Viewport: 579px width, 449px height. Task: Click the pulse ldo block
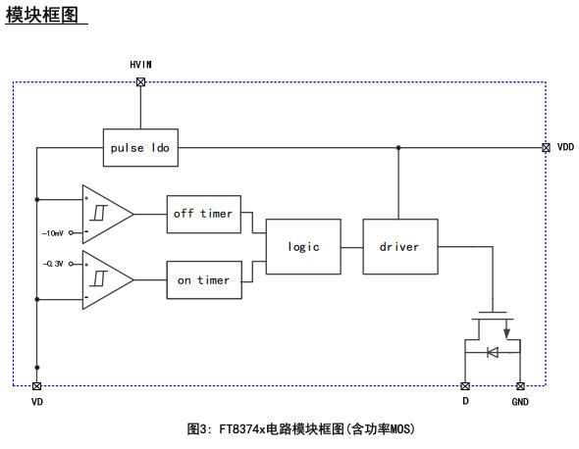click(140, 148)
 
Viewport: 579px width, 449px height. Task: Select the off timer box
click(203, 214)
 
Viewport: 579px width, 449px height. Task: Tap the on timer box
click(203, 279)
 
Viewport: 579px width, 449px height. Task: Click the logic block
click(303, 246)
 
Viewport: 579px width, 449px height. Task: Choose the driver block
click(398, 246)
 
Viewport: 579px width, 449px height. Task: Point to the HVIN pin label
click(140, 64)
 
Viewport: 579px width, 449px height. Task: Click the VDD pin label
click(564, 147)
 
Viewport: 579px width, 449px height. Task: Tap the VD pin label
click(37, 402)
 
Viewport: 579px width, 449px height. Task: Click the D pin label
click(465, 402)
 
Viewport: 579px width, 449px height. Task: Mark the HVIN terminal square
click(140, 82)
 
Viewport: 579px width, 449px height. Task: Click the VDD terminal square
click(545, 148)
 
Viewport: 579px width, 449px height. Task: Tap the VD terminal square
click(37, 386)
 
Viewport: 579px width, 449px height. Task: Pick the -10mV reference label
click(53, 234)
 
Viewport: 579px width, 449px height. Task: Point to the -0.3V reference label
click(53, 264)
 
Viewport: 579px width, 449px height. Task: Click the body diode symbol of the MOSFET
click(493, 352)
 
